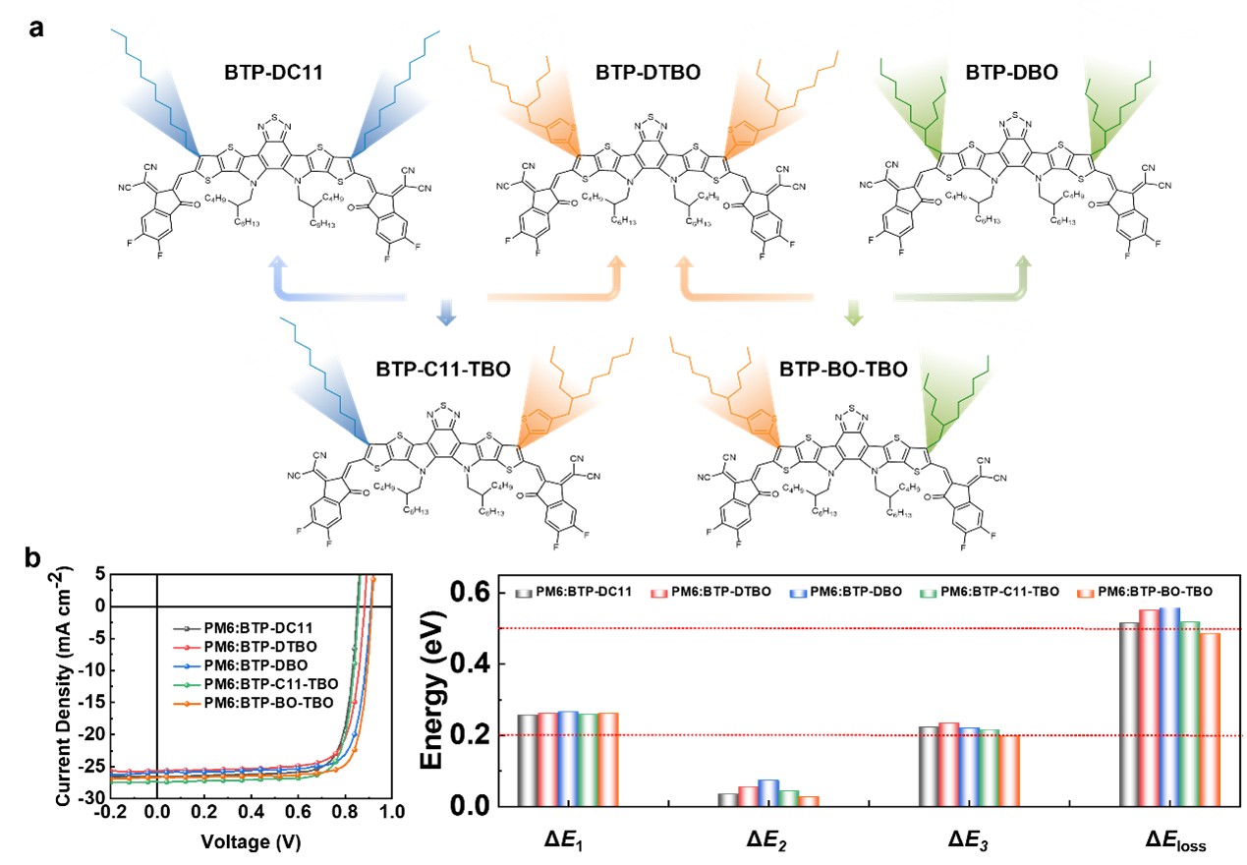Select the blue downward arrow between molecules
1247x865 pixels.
pyautogui.click(x=447, y=312)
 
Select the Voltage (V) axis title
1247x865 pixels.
pyautogui.click(x=250, y=842)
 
